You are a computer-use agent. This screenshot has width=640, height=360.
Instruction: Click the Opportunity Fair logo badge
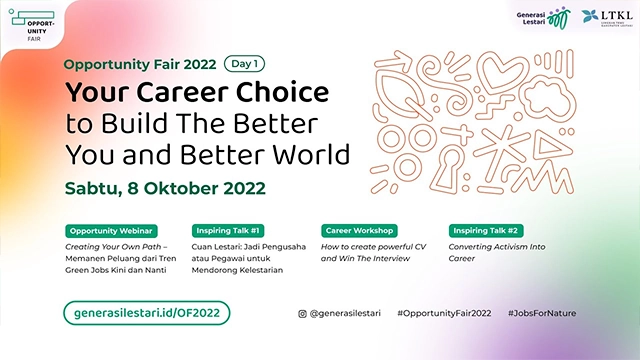pos(37,25)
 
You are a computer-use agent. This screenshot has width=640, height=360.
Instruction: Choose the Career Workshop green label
pos(359,229)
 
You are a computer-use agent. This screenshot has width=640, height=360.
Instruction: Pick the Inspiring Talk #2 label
pos(489,229)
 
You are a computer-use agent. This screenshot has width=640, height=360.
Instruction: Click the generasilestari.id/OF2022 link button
pos(147,313)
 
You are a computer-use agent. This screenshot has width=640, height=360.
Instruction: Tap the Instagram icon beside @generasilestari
pos(303,313)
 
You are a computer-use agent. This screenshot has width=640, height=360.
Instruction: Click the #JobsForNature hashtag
pos(541,313)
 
